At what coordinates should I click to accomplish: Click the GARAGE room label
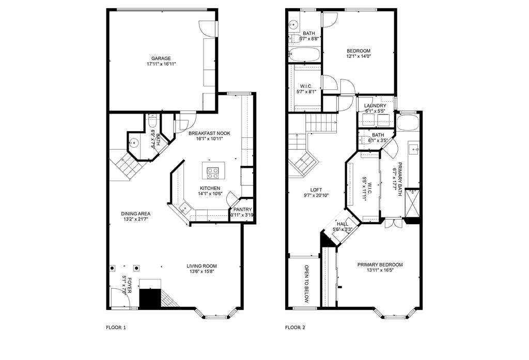coord(161,58)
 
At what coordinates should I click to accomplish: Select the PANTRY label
coord(243,210)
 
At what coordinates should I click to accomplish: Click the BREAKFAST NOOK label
coord(209,133)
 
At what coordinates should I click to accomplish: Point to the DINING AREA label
coord(136,213)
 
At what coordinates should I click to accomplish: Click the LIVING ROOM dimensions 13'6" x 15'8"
coord(202,271)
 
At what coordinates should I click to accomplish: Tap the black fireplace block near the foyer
coord(150,298)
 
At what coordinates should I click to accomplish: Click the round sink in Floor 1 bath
coord(134,143)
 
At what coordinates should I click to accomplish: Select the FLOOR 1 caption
coord(116,327)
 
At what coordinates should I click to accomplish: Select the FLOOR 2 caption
coord(295,327)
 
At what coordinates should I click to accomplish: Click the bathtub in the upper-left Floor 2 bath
coord(304,54)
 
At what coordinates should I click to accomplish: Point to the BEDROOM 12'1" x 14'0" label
coord(359,53)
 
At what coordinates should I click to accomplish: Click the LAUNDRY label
coord(375,105)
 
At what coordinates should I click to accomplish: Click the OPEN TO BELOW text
coord(307,284)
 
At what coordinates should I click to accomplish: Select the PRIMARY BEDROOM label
coord(380,264)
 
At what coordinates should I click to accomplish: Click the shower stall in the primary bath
coord(412,203)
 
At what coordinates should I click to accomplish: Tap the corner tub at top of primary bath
coord(408,122)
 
